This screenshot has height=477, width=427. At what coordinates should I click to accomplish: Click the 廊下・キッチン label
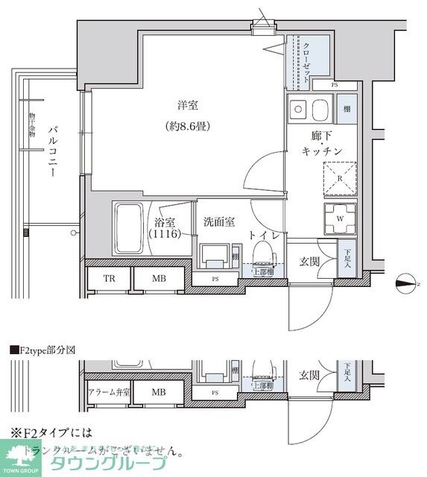(322, 144)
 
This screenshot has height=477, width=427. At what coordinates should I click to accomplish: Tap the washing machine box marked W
(340, 218)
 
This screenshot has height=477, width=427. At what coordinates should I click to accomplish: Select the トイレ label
(265, 236)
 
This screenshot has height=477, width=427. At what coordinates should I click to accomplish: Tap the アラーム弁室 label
(107, 391)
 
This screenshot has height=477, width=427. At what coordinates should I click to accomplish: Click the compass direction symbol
(405, 281)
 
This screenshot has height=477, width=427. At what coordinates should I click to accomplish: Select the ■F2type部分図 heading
(43, 349)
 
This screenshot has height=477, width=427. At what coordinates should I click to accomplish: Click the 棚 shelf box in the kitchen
(347, 110)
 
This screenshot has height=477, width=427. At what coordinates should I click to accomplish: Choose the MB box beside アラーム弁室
(159, 391)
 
